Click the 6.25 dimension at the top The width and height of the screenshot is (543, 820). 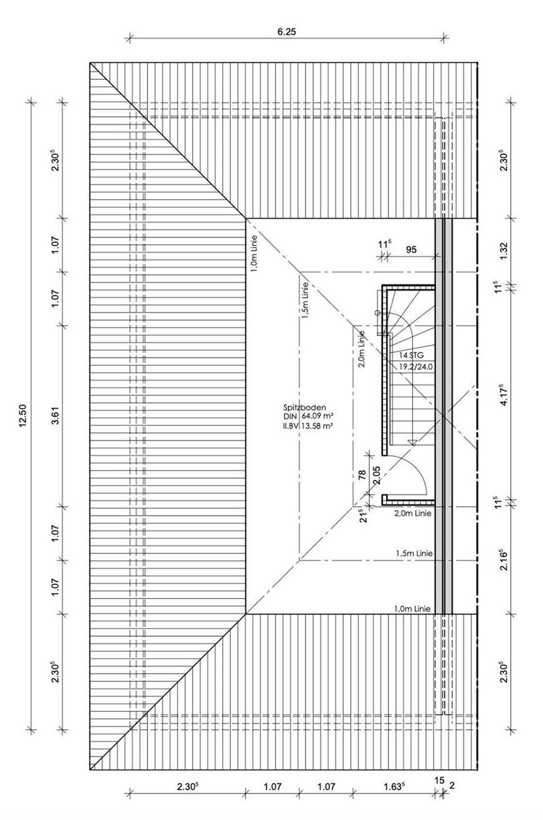tap(287, 32)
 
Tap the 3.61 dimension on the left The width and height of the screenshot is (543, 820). tap(55, 416)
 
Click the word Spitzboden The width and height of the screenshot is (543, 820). tap(304, 408)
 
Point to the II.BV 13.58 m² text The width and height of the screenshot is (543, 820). tap(308, 425)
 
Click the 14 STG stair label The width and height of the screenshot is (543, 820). tap(411, 355)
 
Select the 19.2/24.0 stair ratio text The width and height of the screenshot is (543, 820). tap(416, 367)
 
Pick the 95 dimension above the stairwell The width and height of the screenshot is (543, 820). tap(411, 249)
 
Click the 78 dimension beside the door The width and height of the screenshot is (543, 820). tap(362, 476)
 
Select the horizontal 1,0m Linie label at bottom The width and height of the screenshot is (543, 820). tap(412, 609)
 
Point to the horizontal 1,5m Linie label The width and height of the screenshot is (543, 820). tap(414, 553)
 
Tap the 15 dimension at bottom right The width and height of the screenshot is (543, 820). tap(439, 780)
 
